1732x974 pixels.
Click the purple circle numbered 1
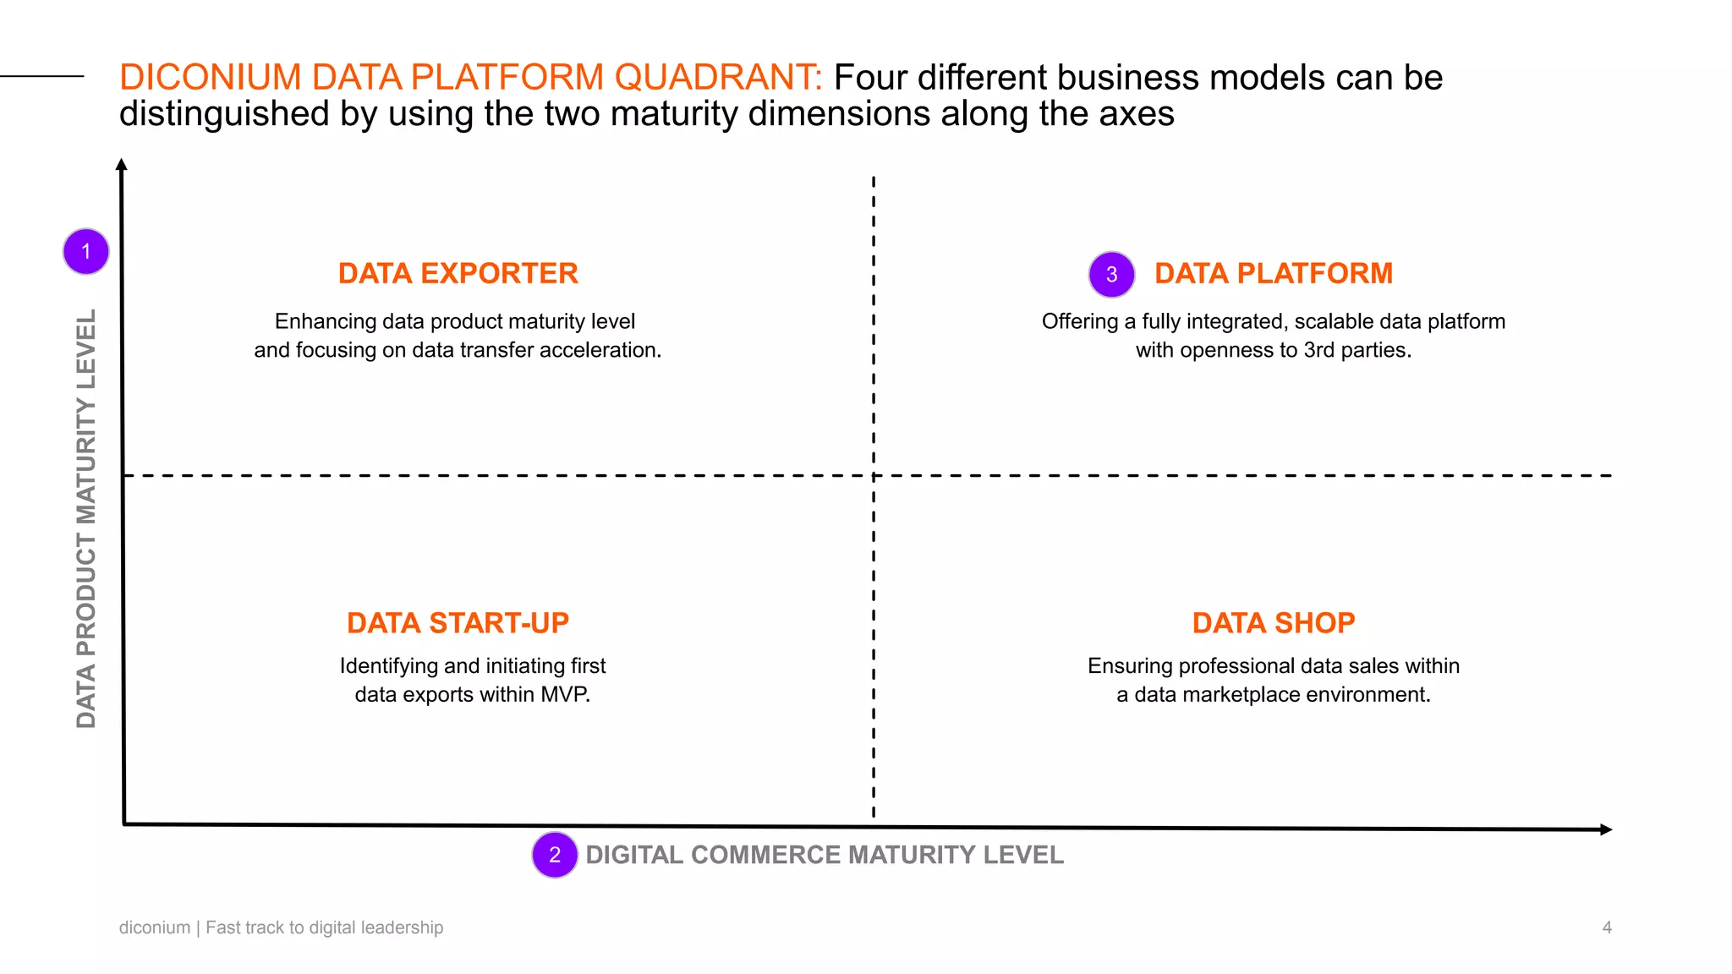[x=86, y=251]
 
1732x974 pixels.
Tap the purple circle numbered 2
[x=555, y=855]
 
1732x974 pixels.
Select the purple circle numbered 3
[x=1111, y=274]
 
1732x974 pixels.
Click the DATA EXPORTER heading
[x=458, y=273]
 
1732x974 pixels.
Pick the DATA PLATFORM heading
[x=1273, y=273]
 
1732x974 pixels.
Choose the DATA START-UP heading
[x=458, y=623]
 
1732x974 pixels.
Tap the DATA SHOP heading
[x=1273, y=623]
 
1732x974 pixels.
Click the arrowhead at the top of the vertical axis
[x=122, y=164]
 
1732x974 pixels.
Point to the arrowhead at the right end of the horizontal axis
[x=1606, y=829]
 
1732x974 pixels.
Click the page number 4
[x=1607, y=927]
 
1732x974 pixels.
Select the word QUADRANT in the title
[x=718, y=78]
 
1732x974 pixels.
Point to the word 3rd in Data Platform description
[x=1318, y=350]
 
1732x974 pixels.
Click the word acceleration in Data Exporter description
[x=603, y=350]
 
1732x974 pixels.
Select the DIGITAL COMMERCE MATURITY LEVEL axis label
[x=824, y=855]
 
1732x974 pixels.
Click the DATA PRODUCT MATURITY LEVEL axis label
[x=86, y=517]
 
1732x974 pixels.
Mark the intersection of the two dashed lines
[x=874, y=476]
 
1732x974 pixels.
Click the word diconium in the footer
[x=155, y=927]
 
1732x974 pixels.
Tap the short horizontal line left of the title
[x=42, y=76]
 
